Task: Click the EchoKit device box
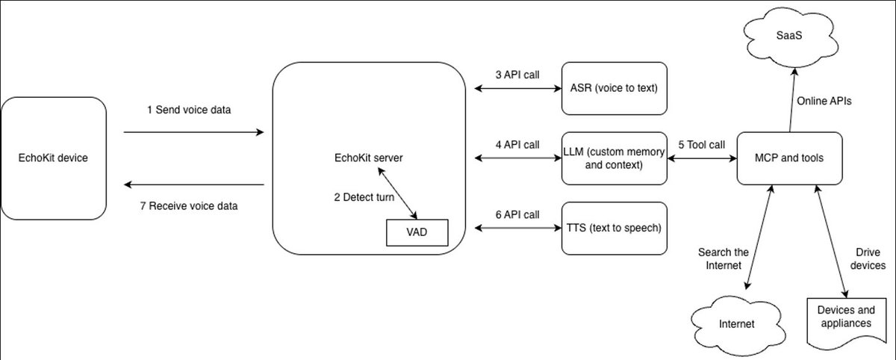[54, 158]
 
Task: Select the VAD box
[416, 232]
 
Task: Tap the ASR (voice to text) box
[614, 88]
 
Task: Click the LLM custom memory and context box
[614, 158]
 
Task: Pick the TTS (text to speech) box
[614, 227]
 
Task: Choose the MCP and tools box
[790, 158]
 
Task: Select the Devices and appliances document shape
[844, 317]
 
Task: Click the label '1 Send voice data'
[189, 110]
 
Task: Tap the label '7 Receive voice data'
[189, 206]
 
